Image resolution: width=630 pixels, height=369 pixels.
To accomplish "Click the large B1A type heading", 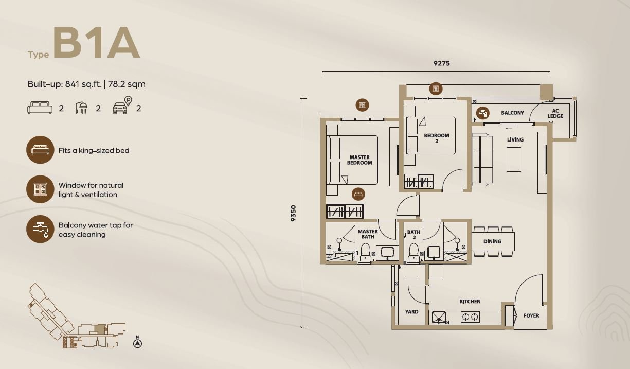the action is coord(96,43).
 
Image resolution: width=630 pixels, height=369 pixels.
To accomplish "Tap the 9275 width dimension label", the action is coord(442,63).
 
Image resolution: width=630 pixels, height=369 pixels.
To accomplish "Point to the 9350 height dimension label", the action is coord(293,213).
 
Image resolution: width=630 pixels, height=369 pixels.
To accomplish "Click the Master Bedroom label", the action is coord(359,160).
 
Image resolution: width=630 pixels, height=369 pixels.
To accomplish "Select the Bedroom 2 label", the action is coord(437,138).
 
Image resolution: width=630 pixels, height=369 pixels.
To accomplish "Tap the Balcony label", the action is coord(512,113).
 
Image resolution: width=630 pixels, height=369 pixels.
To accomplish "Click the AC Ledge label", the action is coord(555,113).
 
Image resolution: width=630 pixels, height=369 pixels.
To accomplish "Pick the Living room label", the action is coord(515,139).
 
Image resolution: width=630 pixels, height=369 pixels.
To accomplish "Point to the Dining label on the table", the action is coord(492,241).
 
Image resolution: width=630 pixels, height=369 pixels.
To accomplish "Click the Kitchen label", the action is coord(470,302).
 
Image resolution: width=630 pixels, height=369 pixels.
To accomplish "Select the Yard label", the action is coord(412,312).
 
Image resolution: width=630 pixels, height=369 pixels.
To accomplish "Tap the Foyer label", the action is coord(531,316).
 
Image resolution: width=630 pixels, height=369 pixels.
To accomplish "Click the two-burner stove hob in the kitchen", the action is coord(470,317).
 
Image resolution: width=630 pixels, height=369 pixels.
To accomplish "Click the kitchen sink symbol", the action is coord(439,317).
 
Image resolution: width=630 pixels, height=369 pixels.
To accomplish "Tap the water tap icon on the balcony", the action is coord(482,113).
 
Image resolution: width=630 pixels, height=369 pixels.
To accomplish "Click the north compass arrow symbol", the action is coord(137,343).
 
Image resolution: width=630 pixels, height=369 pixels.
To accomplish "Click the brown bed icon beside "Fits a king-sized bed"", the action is coord(40,150).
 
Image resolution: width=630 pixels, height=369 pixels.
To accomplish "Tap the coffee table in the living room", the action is coord(514,160).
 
